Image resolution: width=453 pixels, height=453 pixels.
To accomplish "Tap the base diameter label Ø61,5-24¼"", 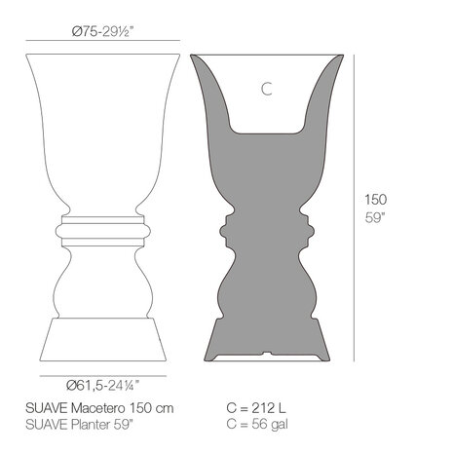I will tap(102, 383).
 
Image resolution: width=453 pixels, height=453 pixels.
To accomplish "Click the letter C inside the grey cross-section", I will tap(266, 90).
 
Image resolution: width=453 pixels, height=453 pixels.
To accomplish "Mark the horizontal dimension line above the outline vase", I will tap(102, 41).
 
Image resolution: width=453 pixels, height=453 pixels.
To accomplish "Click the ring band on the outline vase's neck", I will tap(102, 230).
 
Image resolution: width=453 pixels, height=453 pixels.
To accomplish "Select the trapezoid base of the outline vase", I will tap(102, 336).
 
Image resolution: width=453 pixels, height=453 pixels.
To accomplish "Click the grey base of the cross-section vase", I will tap(266, 331).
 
